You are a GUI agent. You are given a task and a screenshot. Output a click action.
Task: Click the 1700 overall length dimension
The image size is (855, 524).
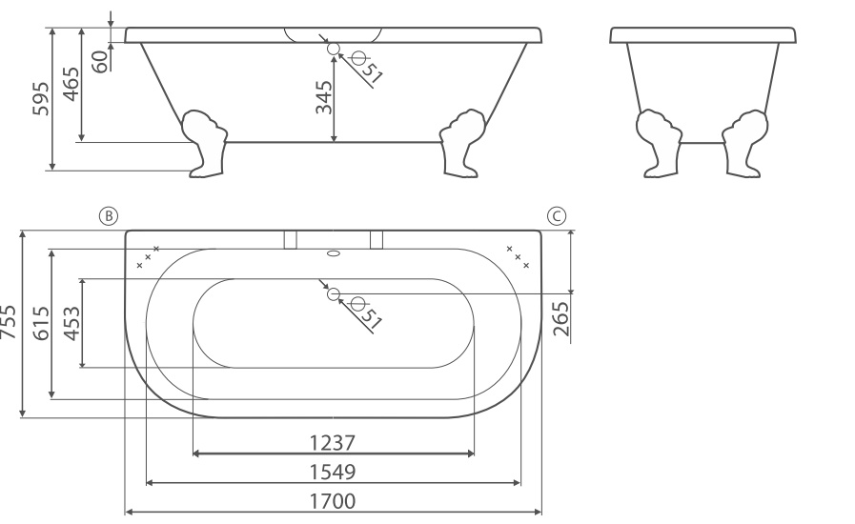(x=333, y=500)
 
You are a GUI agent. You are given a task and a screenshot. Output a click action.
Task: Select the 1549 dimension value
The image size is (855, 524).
(x=333, y=472)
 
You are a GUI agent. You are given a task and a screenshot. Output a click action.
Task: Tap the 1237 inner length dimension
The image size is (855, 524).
(x=333, y=443)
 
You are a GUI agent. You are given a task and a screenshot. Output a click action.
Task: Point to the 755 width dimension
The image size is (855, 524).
(x=9, y=323)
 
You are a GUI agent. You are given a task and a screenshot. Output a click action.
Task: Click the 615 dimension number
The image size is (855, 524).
(x=41, y=323)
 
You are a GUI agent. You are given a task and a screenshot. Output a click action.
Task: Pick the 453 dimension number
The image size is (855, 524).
(x=72, y=324)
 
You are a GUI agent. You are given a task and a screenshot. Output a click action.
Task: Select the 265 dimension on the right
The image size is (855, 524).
(x=560, y=319)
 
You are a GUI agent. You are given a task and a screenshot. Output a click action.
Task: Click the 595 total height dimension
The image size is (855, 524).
(x=41, y=99)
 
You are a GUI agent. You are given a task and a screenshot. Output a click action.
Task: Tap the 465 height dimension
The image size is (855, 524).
(x=71, y=84)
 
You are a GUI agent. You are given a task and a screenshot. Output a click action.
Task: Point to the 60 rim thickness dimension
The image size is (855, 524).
(x=100, y=62)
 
